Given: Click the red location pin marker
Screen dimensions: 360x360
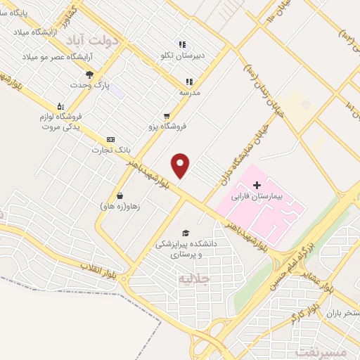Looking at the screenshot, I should (x=181, y=165).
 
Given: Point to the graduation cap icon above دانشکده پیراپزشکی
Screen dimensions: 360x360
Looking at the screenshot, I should (x=186, y=233).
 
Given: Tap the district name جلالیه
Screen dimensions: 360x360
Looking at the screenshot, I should (x=195, y=279).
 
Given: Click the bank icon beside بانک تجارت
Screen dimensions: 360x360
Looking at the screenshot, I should (x=110, y=139).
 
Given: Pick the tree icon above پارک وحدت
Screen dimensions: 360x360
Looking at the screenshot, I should (x=89, y=74).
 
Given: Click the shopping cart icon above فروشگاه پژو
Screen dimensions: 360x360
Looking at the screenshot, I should (x=166, y=115).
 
